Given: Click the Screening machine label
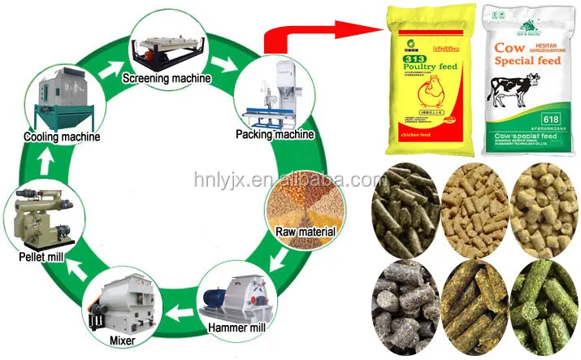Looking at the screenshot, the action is [167, 79].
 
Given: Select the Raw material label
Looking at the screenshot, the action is [305, 232].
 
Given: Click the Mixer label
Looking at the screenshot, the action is [122, 340].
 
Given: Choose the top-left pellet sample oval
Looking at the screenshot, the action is [405, 207].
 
